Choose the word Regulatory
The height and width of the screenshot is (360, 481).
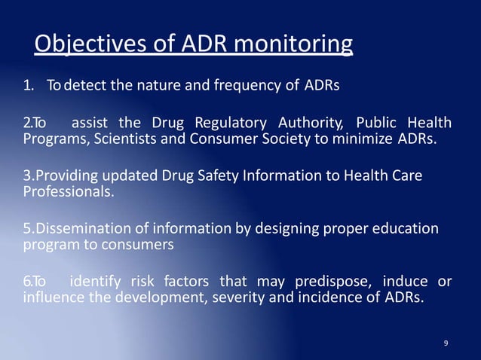coord(231,123)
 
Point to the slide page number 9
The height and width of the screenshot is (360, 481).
coord(446,343)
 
